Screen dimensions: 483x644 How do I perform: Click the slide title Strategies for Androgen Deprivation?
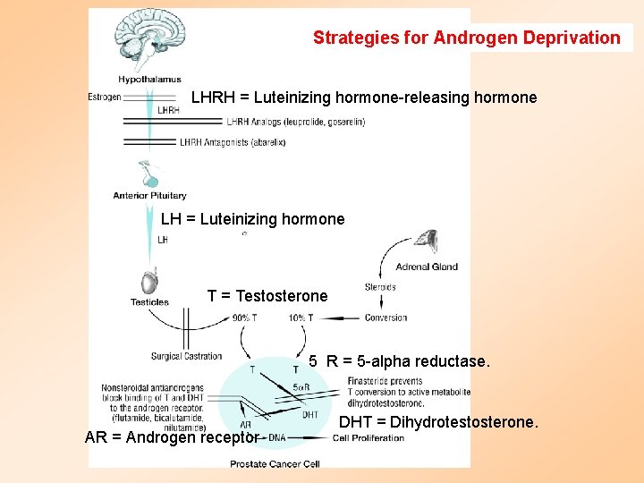point(466,38)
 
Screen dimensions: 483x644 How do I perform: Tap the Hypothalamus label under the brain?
point(149,80)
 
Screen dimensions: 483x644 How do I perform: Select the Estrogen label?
point(105,97)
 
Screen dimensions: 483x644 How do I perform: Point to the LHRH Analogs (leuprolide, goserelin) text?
point(295,122)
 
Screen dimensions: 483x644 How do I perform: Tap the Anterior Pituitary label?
point(149,195)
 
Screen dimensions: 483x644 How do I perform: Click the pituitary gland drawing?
point(149,174)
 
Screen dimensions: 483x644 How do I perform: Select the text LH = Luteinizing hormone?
point(252,219)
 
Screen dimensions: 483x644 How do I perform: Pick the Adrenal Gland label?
point(426,266)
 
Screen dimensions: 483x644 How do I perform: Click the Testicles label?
point(149,302)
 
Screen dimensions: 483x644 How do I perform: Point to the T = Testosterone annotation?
point(267,296)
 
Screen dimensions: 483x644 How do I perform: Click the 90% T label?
point(244,318)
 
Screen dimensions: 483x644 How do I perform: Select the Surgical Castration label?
point(186,356)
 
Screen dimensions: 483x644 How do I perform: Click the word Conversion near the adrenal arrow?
point(386,318)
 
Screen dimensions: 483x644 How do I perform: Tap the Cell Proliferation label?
point(368,438)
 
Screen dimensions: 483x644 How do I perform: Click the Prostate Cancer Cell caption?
point(275,463)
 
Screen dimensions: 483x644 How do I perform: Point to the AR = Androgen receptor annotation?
point(172,437)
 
